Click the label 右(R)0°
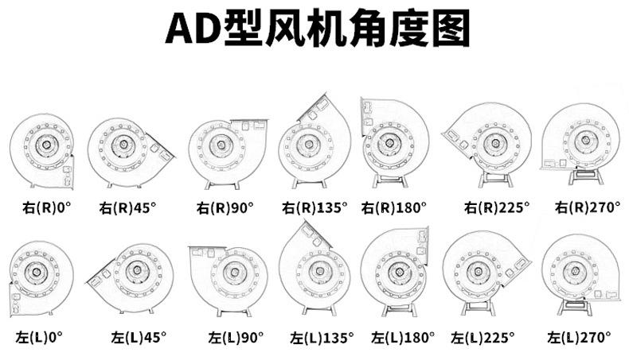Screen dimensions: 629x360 click(46, 208)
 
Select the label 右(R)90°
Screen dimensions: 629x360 click(225, 208)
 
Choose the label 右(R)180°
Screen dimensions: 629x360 click(394, 208)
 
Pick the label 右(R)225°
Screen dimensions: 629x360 click(497, 208)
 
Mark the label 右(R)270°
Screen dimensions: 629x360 click(588, 207)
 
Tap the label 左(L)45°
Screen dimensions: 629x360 click(139, 337)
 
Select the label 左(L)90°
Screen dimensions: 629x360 click(236, 337)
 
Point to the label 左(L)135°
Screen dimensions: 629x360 click(322, 337)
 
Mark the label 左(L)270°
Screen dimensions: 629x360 click(579, 337)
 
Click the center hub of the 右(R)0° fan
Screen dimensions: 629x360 click(42, 146)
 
